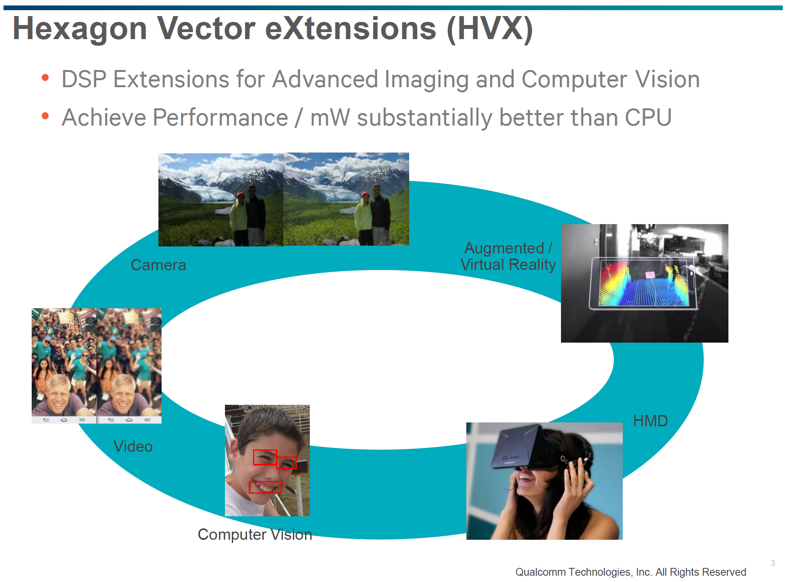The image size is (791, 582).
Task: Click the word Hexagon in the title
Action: [80, 29]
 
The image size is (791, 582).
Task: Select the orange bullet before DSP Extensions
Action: [45, 77]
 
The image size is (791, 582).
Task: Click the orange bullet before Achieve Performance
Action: [45, 116]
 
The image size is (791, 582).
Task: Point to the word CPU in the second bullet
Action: [648, 118]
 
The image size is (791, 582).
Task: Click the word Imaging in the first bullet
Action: [426, 80]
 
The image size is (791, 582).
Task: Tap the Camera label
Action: [158, 265]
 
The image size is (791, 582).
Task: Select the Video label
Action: [133, 446]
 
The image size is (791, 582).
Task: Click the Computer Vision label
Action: [255, 534]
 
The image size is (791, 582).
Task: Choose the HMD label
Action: [650, 421]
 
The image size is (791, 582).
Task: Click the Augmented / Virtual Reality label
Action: [508, 257]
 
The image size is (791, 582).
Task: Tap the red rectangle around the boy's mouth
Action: [265, 487]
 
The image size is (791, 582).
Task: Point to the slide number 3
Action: [773, 563]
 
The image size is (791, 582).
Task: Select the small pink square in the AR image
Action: [650, 275]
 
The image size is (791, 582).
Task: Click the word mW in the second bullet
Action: [330, 118]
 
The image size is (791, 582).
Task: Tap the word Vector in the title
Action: [206, 29]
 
